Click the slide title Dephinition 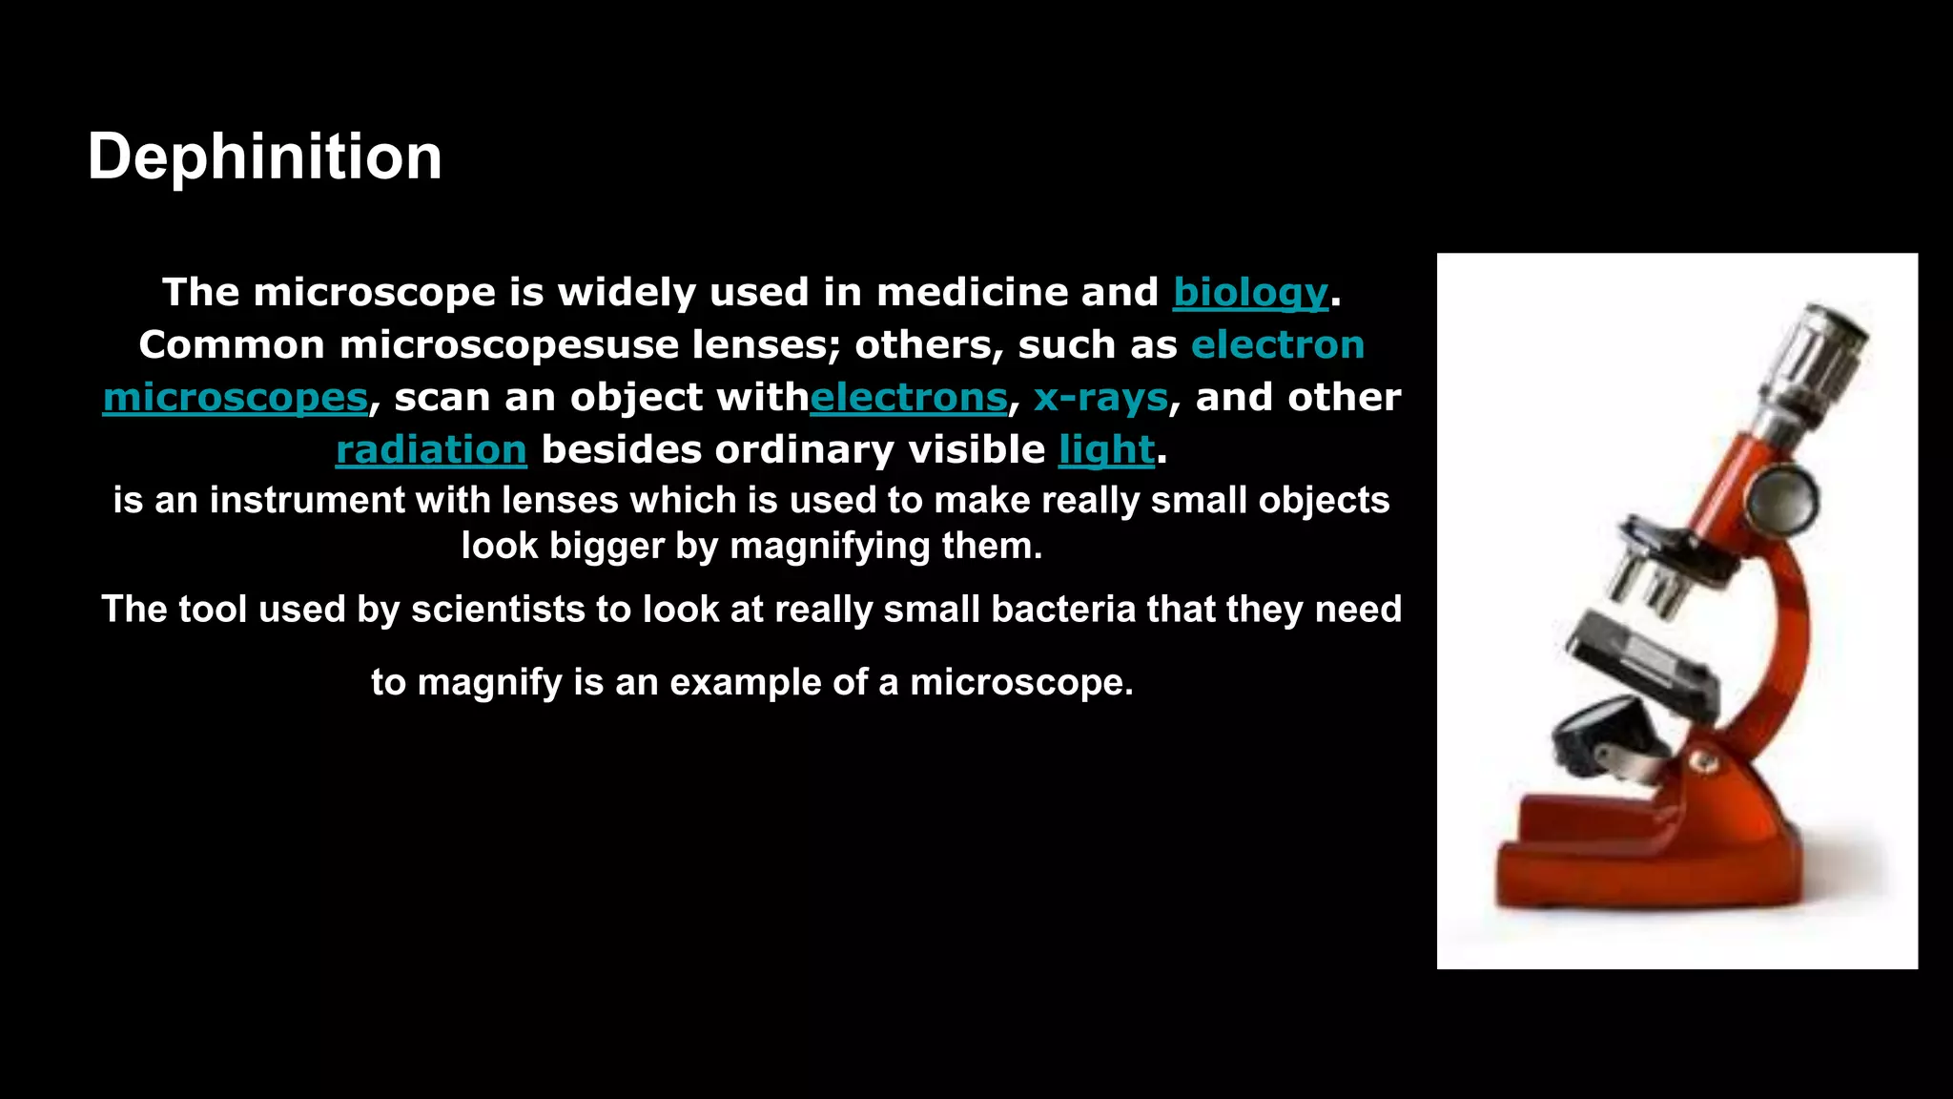point(264,157)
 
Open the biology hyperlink point(1250,293)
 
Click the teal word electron point(1278,345)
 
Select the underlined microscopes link point(235,398)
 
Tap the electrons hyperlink point(908,398)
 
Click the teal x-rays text point(1100,398)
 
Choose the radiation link point(431,450)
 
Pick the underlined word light point(1106,450)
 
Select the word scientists point(498,610)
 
